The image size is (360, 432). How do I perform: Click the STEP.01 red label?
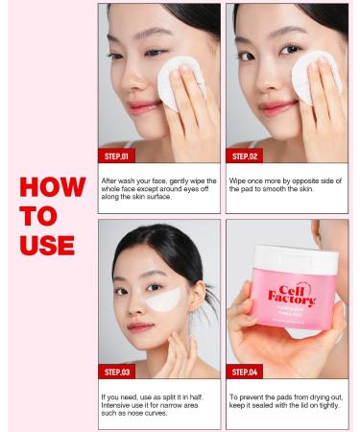pyautogui.click(x=121, y=156)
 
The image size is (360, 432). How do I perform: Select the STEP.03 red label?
pyautogui.click(x=121, y=372)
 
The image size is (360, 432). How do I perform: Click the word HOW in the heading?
pyautogui.click(x=52, y=185)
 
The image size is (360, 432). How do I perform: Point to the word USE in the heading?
pyautogui.click(x=47, y=245)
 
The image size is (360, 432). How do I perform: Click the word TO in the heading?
pyautogui.click(x=36, y=215)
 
